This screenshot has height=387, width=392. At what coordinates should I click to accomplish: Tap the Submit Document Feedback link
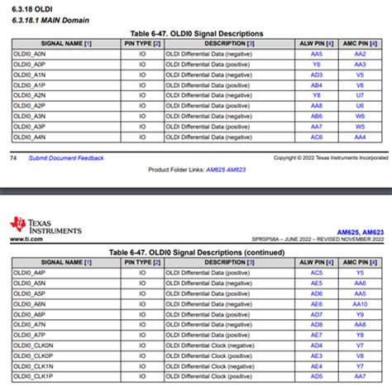pyautogui.click(x=66, y=157)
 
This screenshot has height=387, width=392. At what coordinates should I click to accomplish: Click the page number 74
pyautogui.click(x=12, y=157)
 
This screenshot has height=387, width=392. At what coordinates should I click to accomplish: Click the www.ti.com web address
pyautogui.click(x=26, y=239)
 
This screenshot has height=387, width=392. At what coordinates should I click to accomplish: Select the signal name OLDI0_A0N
pyautogui.click(x=31, y=52)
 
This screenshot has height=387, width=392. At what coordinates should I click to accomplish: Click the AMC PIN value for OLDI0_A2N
pyautogui.click(x=360, y=95)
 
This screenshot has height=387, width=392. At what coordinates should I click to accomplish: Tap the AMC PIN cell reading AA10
pyautogui.click(x=360, y=303)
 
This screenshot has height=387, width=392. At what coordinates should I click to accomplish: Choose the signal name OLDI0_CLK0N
pyautogui.click(x=35, y=346)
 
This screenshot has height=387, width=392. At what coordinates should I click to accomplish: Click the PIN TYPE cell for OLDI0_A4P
pyautogui.click(x=142, y=271)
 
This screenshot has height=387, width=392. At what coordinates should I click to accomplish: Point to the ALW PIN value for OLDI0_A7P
pyautogui.click(x=316, y=335)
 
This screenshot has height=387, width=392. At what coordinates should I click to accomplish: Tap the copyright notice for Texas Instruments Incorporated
pyautogui.click(x=330, y=157)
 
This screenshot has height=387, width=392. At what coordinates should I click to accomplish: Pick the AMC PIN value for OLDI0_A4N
pyautogui.click(x=360, y=138)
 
